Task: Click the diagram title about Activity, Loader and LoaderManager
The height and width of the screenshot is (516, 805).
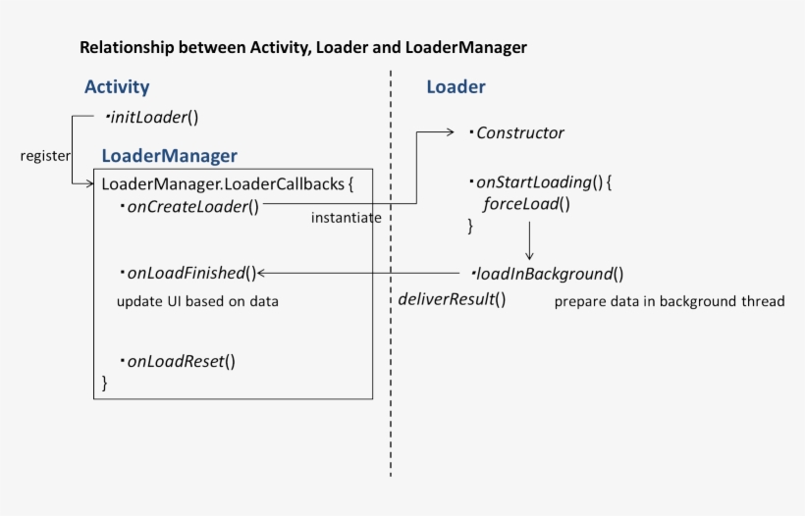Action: [302, 47]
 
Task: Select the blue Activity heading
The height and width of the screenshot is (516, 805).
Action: [117, 87]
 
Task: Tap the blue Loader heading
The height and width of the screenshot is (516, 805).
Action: [456, 87]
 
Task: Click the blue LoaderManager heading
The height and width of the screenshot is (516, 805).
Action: [169, 155]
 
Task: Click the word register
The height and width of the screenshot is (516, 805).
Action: [45, 155]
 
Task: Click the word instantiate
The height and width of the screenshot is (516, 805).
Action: [346, 218]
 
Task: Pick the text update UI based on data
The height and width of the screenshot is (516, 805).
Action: [197, 301]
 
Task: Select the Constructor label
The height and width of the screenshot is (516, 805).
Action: [519, 132]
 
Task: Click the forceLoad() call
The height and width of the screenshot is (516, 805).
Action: [526, 204]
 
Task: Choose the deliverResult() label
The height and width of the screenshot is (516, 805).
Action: [452, 299]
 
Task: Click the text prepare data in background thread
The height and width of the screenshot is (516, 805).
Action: [670, 301]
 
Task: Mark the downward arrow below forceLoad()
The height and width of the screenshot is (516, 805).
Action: [529, 241]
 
